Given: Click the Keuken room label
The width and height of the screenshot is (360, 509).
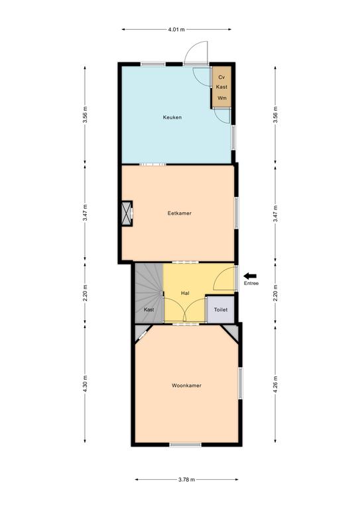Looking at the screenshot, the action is (x=172, y=117).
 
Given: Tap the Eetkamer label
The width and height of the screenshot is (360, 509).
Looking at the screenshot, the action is (x=180, y=213).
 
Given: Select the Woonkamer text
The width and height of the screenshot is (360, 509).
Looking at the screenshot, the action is (x=187, y=386).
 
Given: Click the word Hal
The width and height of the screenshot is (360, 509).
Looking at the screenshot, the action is (x=185, y=293).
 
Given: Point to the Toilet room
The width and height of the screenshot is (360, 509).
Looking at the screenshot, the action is (x=221, y=310).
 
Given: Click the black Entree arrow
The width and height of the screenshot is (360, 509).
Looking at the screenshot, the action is (x=251, y=276).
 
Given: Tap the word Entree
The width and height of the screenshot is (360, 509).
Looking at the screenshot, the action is (x=251, y=284).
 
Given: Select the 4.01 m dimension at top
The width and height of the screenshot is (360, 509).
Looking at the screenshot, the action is (x=176, y=30).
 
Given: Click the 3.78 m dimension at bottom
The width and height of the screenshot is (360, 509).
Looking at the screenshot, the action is (x=187, y=479).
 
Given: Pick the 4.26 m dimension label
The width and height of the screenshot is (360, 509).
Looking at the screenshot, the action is (x=275, y=384).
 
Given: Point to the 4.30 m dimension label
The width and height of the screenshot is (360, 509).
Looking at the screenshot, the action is (x=85, y=384).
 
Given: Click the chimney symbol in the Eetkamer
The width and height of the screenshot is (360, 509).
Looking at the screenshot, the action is (x=127, y=213).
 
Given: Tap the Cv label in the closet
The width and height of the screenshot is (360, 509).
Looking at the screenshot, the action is (x=221, y=78).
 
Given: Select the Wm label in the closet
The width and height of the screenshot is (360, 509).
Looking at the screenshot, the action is (x=222, y=98).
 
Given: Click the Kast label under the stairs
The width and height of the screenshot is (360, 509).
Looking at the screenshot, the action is (x=149, y=310).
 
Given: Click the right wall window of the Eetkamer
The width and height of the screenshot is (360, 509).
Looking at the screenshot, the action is (x=236, y=213).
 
